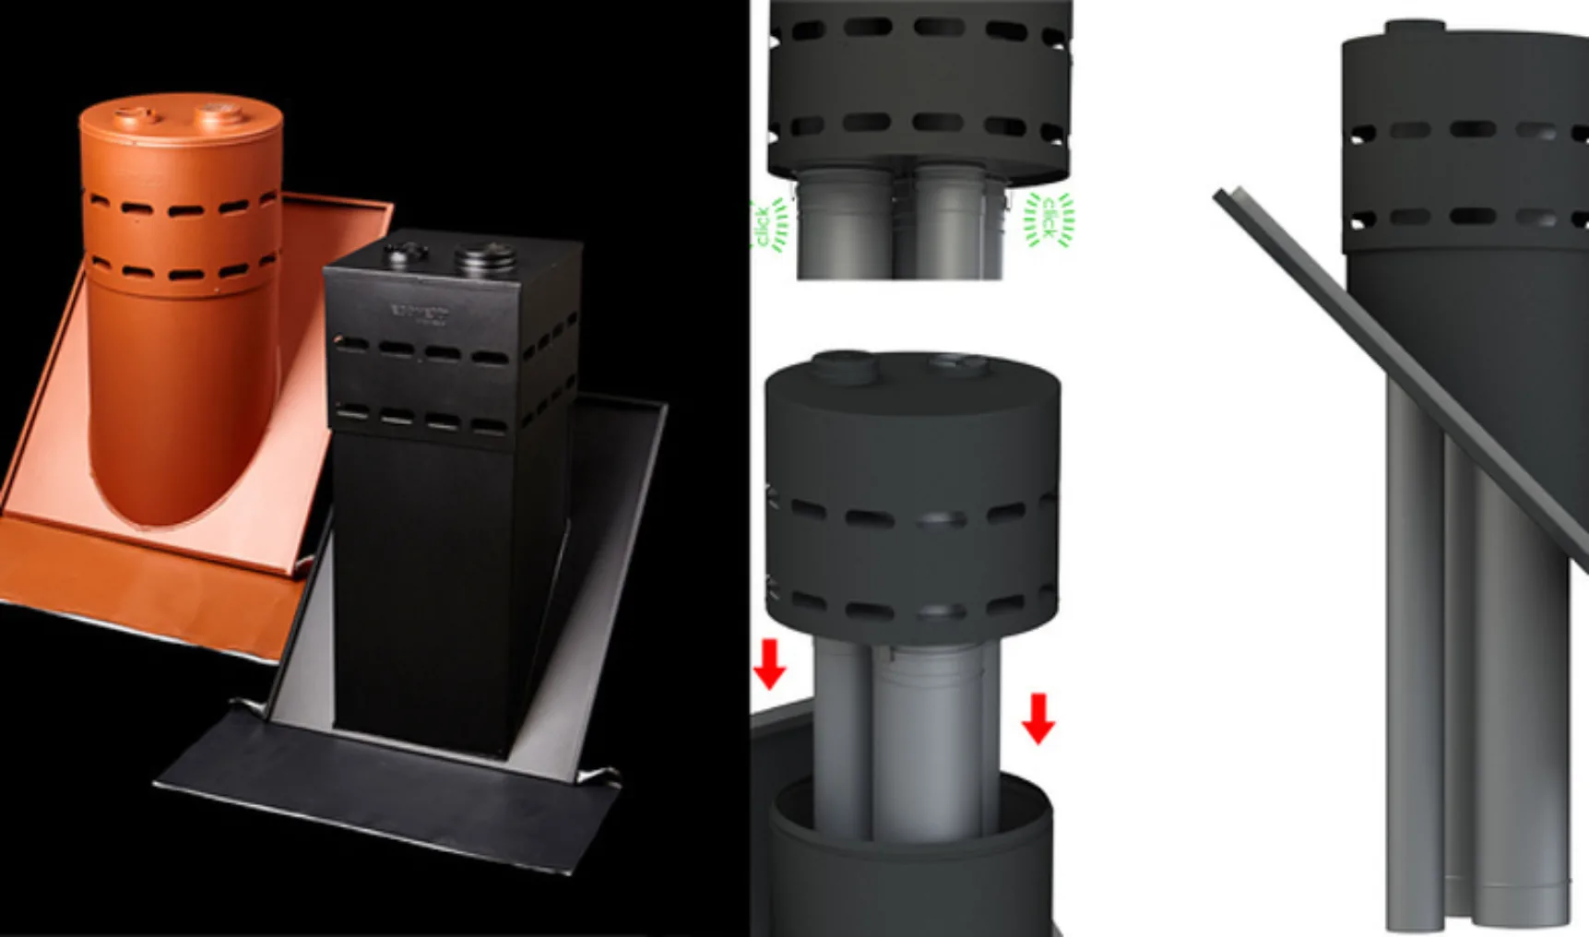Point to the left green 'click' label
pos(765,226)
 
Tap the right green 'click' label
pos(1049,219)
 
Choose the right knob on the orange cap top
pos(219,113)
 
